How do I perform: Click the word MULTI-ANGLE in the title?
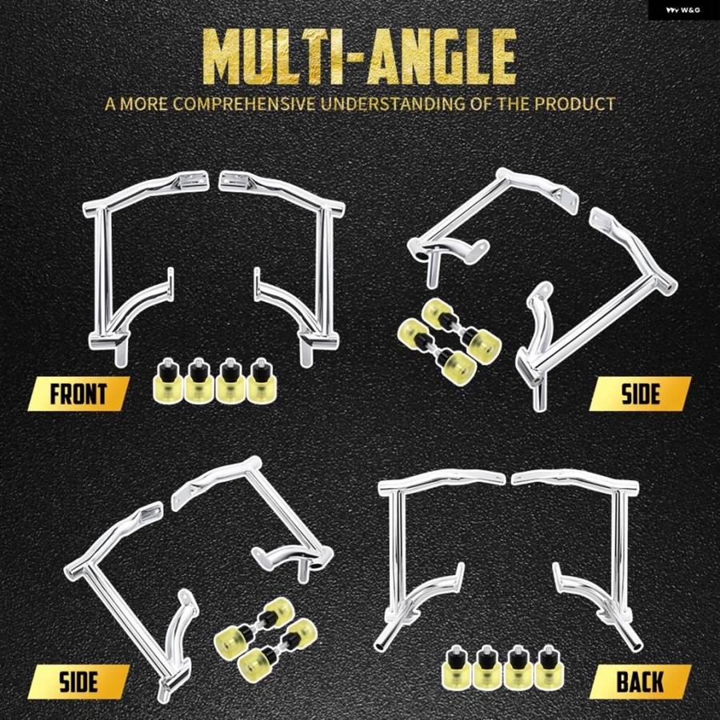(359, 57)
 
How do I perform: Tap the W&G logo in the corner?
(684, 10)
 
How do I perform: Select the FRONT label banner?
(78, 394)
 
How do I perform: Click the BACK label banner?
(640, 682)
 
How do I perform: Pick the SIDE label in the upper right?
(640, 394)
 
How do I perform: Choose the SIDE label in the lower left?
(78, 682)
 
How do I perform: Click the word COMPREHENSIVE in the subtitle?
(244, 104)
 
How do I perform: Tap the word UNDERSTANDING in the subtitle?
(393, 104)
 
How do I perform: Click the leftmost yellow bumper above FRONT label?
(167, 381)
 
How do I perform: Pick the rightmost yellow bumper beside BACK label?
(548, 668)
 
